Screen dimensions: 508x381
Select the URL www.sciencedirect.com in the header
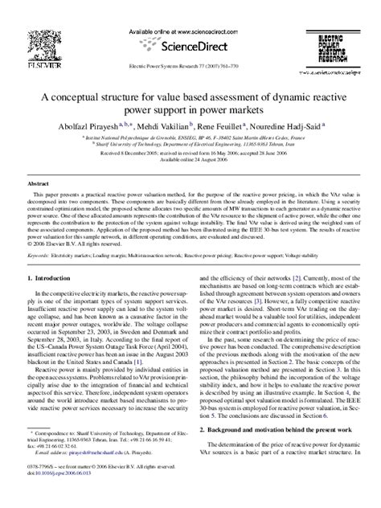point(202,29)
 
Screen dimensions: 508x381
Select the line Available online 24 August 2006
point(189,160)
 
